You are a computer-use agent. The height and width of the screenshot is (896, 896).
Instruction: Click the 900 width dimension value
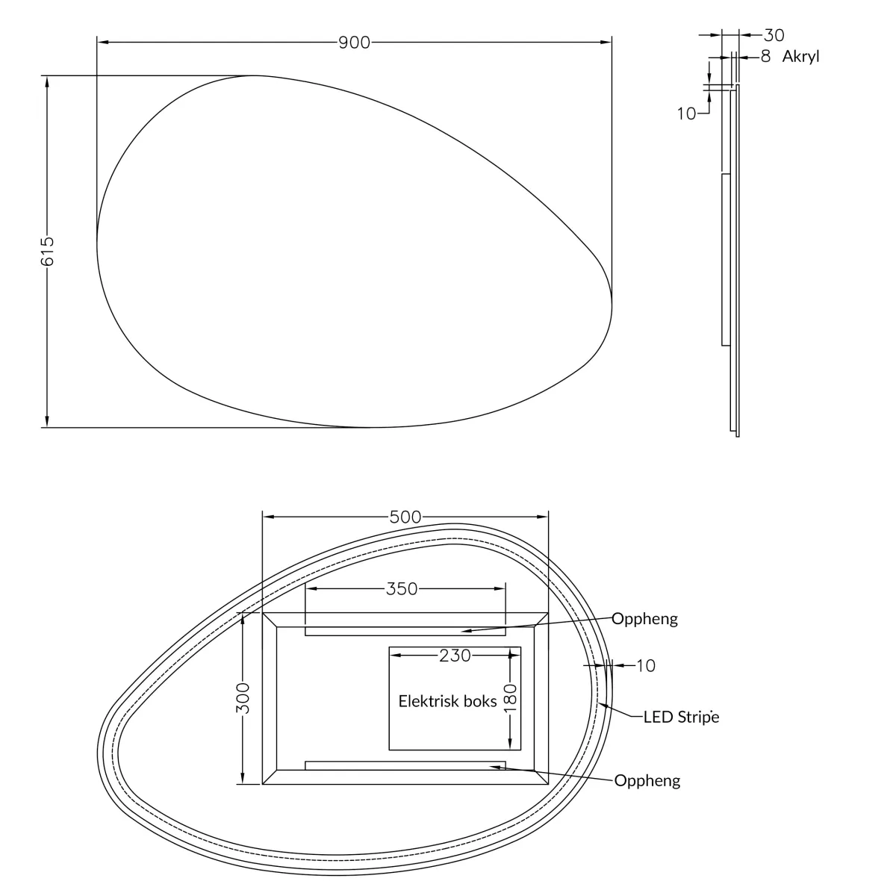point(354,43)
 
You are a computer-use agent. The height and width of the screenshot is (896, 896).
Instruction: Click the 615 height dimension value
point(46,252)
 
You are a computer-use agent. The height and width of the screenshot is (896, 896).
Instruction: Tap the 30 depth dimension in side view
point(774,34)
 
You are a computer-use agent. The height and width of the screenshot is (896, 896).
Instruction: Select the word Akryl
point(800,56)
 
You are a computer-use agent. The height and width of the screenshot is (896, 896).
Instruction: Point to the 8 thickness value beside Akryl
point(765,56)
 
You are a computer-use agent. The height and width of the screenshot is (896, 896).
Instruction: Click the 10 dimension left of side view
point(686,113)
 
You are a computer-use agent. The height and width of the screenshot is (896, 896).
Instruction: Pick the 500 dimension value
point(405,517)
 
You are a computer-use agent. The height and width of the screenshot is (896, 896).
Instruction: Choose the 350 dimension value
point(402,589)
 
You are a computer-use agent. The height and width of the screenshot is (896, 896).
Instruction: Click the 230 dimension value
point(455,655)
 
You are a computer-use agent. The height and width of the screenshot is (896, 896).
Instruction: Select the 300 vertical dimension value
point(243,697)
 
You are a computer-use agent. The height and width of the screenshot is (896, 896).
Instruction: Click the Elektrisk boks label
point(447,701)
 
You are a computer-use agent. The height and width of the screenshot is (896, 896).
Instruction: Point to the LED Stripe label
point(681,717)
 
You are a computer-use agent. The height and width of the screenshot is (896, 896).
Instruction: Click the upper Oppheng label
point(644,619)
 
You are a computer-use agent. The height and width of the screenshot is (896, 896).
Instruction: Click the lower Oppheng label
point(647,781)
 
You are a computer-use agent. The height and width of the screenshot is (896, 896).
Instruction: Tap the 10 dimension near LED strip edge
point(646,665)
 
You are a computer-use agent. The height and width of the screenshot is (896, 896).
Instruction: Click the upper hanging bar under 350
point(405,632)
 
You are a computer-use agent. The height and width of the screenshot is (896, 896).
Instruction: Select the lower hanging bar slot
point(405,765)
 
